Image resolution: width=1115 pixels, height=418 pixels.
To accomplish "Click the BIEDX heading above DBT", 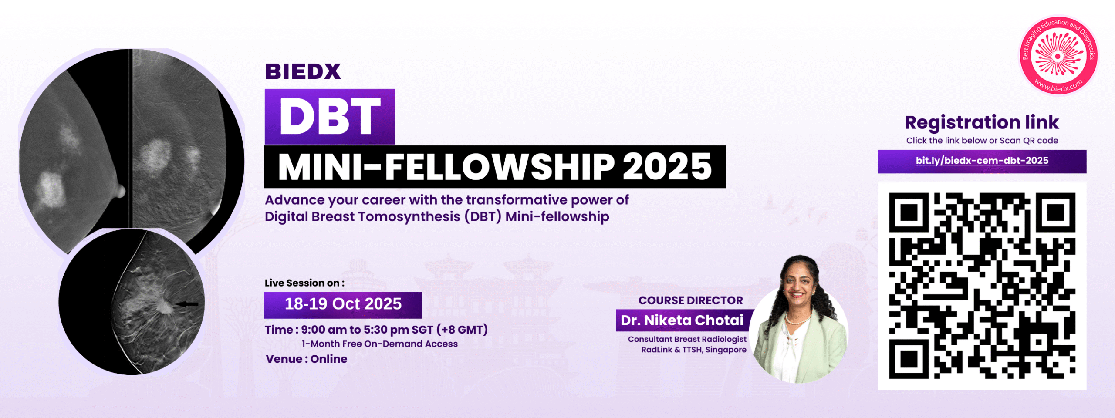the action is [303, 72].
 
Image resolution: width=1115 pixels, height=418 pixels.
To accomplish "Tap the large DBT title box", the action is [330, 117].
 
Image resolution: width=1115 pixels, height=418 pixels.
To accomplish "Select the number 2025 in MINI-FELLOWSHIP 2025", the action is [667, 167].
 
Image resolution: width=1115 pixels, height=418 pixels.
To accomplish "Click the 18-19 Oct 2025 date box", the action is [343, 304].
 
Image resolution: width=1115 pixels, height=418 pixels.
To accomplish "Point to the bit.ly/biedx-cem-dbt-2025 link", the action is [982, 161].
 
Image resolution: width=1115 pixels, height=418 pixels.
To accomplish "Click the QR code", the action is [982, 286].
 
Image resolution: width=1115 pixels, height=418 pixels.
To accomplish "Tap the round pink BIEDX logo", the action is [1058, 55].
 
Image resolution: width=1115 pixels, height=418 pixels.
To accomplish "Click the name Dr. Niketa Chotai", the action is [682, 320].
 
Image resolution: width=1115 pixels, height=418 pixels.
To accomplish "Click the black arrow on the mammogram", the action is [187, 304].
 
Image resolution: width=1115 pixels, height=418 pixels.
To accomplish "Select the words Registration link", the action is [982, 123].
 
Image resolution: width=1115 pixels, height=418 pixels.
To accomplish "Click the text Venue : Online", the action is [307, 359].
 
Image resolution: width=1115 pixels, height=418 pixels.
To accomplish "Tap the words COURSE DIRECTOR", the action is [691, 300].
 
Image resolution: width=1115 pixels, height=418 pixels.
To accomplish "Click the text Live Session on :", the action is [304, 283].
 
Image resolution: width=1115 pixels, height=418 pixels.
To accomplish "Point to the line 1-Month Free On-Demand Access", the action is [380, 344].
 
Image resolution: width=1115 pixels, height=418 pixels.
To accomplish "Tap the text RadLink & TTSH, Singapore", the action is [694, 350].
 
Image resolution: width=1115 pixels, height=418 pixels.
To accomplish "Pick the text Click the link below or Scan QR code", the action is [982, 141].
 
